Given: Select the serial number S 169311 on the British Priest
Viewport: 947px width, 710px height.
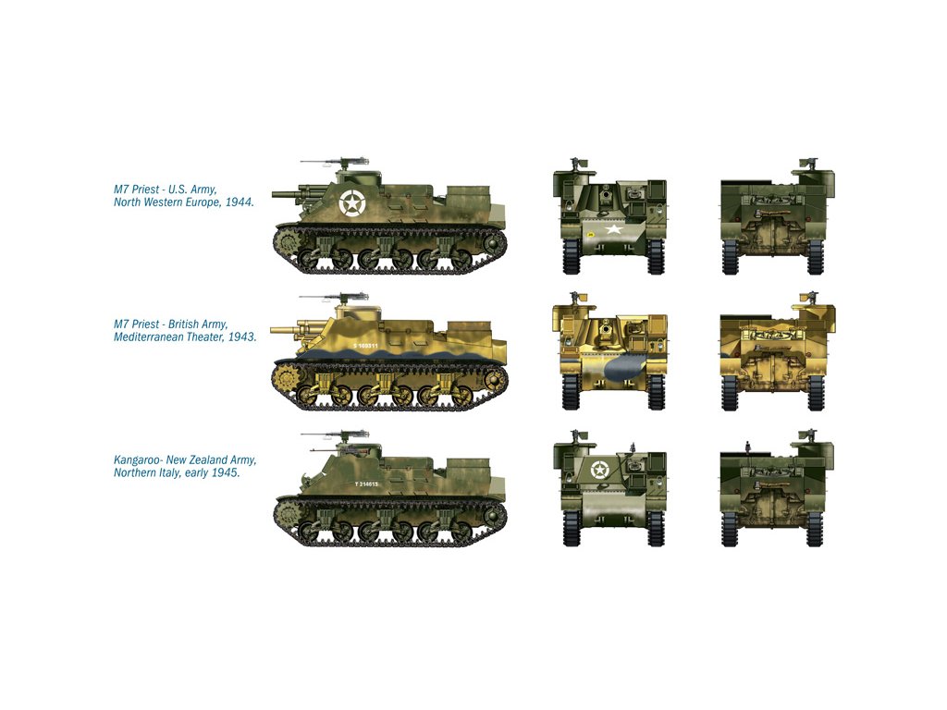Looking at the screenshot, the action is coord(365,346).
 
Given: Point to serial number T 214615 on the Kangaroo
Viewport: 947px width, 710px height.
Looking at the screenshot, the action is coord(366,484).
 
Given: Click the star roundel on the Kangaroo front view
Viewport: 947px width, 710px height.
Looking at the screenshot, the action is coord(599,469).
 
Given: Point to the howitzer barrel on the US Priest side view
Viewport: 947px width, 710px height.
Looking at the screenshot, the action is coord(289,194).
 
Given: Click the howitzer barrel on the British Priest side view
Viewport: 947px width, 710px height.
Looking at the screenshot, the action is coord(289,331).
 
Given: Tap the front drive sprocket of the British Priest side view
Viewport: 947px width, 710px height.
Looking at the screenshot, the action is coord(283,378).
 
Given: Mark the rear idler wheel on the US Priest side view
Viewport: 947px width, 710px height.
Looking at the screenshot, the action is coord(493,243).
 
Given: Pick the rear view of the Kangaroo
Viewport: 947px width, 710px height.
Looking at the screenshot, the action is coord(777,488).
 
